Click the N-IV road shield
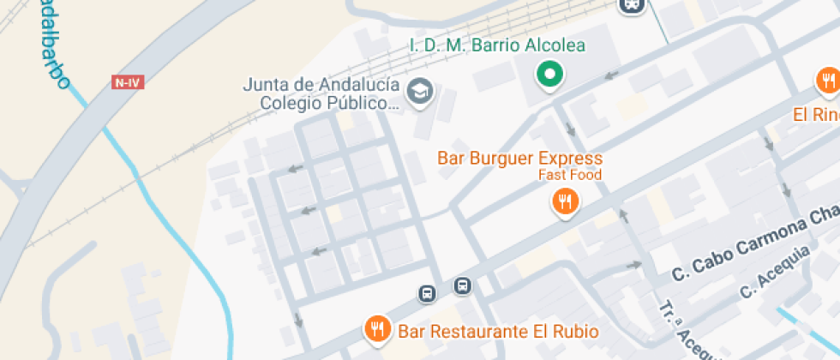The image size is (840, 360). click(126, 82)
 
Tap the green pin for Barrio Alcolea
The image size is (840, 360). click(549, 75)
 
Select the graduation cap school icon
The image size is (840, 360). click(419, 90)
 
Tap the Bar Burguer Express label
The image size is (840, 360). click(519, 159)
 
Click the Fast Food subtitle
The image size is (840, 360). click(570, 175)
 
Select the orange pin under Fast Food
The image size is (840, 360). click(564, 203)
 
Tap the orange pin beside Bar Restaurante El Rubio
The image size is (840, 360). click(377, 328)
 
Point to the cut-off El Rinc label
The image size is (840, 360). click(815, 115)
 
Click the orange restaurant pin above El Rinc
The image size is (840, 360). click(827, 82)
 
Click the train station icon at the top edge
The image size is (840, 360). click(631, 5)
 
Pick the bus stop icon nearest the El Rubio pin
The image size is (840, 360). click(427, 294)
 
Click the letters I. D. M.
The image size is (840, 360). click(437, 45)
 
